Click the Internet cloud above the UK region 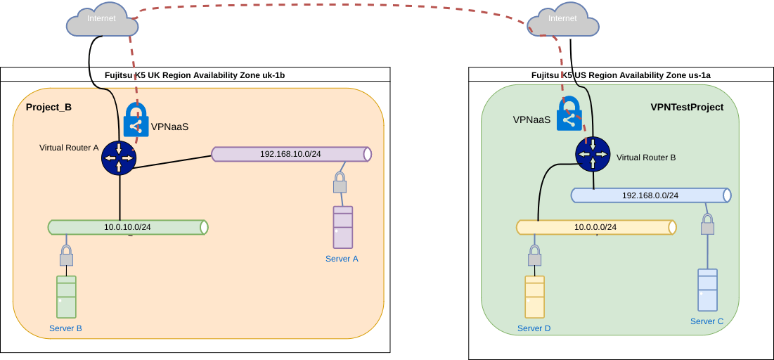[102, 22]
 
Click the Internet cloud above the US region [563, 22]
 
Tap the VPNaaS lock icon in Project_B [136, 120]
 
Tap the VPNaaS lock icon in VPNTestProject [569, 114]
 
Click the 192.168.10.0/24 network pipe [291, 154]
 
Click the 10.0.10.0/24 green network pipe [128, 227]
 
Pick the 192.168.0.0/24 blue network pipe [651, 195]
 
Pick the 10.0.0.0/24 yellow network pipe [596, 227]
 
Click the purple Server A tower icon [342, 227]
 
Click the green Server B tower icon [66, 297]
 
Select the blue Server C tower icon [707, 290]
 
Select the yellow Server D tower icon [534, 297]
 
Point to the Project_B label [49, 108]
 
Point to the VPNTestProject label [687, 107]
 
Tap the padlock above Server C [707, 224]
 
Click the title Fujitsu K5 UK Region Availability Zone [195, 75]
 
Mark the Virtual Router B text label [645, 157]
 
